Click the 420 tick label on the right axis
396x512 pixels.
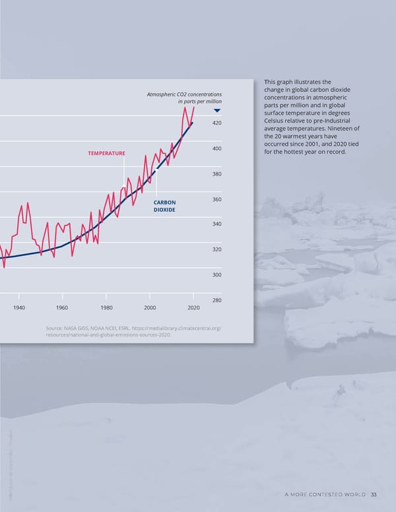tap(217, 123)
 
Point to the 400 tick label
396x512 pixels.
tap(217, 148)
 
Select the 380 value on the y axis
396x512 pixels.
tap(217, 174)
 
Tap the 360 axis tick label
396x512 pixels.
tap(217, 199)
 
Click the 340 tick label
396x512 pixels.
tap(217, 224)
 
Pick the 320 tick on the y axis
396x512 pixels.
tap(217, 249)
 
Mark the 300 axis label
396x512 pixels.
tap(217, 275)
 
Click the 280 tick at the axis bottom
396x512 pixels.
tap(217, 301)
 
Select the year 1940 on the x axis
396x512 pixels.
tap(18, 308)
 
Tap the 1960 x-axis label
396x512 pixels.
tap(62, 308)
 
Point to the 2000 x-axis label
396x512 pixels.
tap(150, 308)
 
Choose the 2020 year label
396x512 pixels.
tap(193, 308)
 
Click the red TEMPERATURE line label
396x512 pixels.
tap(106, 154)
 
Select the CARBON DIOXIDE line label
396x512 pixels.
tap(164, 206)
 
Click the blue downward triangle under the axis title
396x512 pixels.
tap(216, 111)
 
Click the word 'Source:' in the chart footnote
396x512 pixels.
tap(51, 328)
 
